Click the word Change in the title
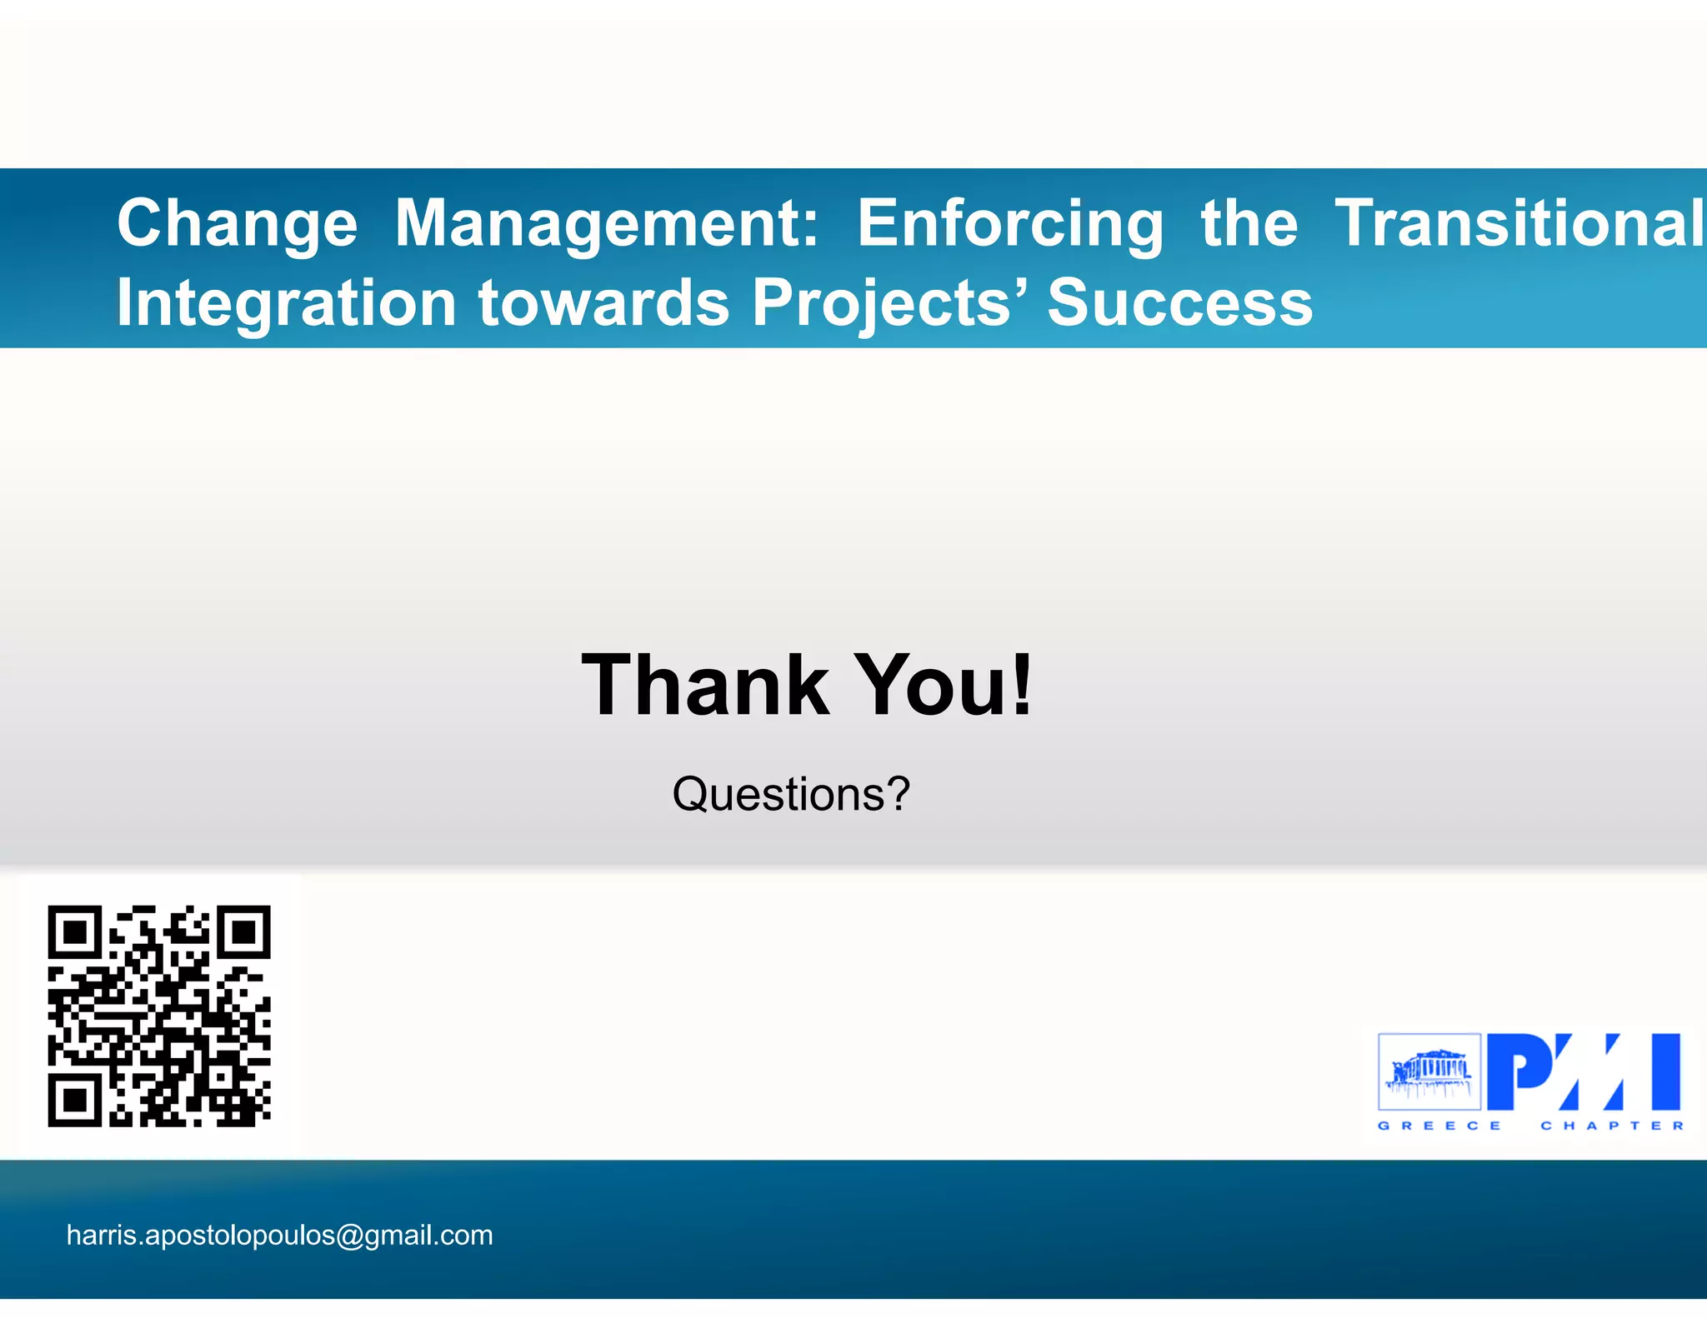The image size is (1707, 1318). coord(237,223)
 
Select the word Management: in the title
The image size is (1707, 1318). coord(607,223)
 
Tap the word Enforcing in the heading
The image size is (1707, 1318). coord(1010,223)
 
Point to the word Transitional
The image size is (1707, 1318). coord(1519,223)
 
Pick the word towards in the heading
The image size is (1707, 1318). coord(604,302)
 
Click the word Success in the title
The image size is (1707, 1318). coord(1179,302)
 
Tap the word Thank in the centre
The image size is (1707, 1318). coord(705,685)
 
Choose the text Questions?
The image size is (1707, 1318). coord(790,794)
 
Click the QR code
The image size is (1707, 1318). coord(159,1016)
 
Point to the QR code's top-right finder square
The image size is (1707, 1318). coord(244,932)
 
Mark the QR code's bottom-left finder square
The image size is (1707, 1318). coord(75,1100)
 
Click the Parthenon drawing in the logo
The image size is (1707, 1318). coord(1429,1071)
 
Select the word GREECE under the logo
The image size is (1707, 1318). coord(1439,1126)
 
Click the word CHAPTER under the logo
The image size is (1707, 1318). coord(1612,1126)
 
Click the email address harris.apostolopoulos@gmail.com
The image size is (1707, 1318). coord(279,1235)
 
